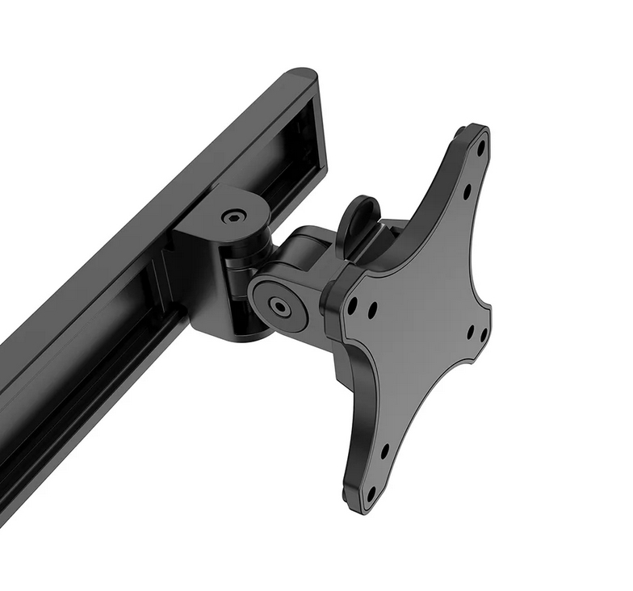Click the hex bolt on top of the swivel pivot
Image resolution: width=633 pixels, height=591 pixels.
234,216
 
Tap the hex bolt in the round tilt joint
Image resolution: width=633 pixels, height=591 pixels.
280,306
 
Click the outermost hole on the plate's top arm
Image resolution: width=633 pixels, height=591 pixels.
480,149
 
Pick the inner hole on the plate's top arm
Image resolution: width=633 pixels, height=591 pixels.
467,191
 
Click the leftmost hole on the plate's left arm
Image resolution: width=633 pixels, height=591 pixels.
352,306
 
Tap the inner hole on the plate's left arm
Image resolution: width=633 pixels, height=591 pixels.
372,309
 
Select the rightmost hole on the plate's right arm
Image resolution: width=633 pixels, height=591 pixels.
484,333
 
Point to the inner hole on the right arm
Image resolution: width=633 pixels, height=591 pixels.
470,329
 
